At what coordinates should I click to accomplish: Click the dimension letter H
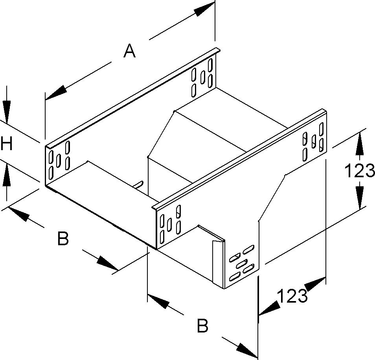pos(6,144)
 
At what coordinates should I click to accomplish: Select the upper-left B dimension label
pos(63,239)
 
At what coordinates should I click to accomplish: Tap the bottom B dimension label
pos(202,326)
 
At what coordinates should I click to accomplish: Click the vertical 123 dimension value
pos(359,171)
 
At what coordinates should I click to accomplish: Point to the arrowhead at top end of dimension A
pos(204,9)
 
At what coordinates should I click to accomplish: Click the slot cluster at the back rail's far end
pos(202,77)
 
